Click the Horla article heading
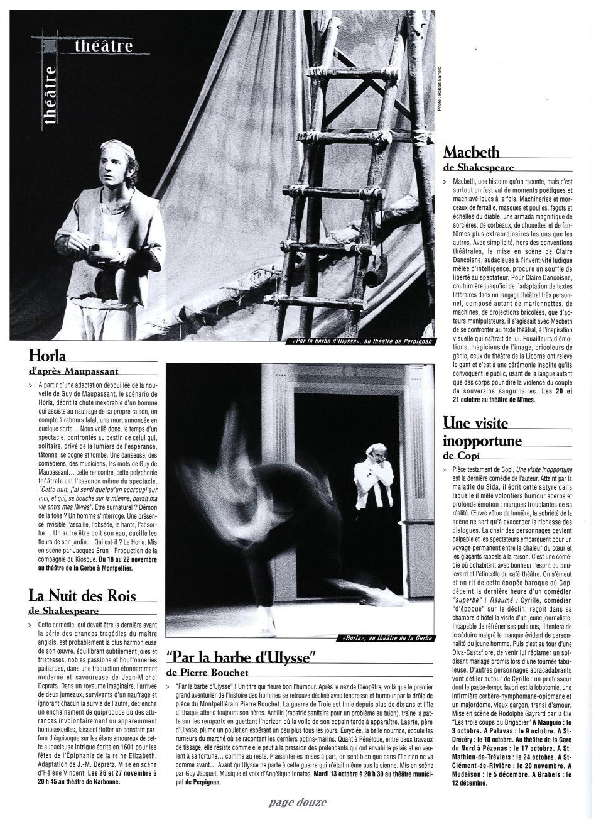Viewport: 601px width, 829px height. (x=47, y=356)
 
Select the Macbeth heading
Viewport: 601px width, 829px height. (x=472, y=151)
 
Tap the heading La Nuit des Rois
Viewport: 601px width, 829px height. (x=82, y=595)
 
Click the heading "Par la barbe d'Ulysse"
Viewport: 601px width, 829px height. (x=240, y=658)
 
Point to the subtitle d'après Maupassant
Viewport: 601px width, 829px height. (x=73, y=371)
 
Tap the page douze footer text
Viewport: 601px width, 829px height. (x=298, y=803)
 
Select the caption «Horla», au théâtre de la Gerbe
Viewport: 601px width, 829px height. (x=387, y=639)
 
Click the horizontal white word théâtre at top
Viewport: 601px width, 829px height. (x=104, y=45)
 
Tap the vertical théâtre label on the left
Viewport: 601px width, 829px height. (x=50, y=97)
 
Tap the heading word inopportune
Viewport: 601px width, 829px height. (x=482, y=440)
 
